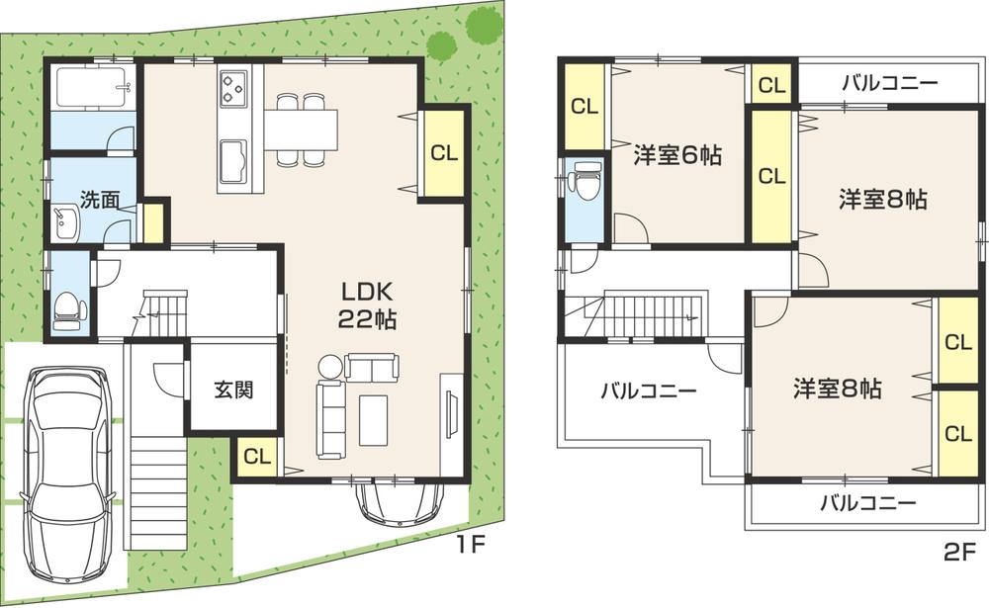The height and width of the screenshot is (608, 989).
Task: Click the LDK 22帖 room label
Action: [368, 305]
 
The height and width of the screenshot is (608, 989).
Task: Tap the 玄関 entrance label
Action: [233, 389]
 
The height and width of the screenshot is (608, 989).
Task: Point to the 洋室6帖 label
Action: [676, 155]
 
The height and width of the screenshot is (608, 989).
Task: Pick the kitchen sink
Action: [233, 159]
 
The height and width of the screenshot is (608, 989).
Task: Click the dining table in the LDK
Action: [301, 129]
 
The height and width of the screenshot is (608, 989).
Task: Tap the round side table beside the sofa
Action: [328, 367]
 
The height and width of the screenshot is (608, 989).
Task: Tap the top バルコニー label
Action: [889, 83]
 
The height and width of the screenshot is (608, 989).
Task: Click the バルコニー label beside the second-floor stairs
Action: [648, 391]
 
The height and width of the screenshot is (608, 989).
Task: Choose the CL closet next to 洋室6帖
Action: [584, 106]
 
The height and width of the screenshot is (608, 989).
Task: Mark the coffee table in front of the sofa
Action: [373, 419]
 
